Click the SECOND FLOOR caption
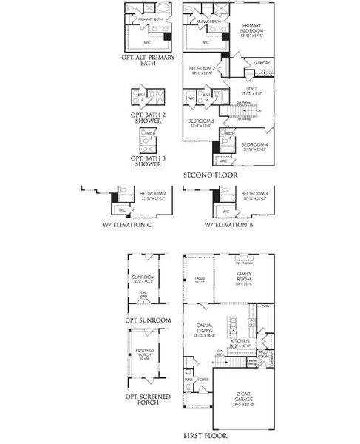coord(211,175)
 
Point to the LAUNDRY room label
coord(261,64)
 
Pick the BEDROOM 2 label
coord(203,70)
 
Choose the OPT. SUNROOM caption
coord(149,320)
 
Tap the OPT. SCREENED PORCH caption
coord(149,400)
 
